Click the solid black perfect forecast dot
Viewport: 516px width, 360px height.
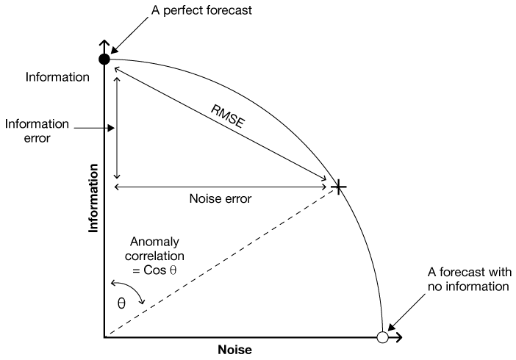[x=104, y=59]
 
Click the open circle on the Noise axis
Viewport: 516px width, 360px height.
[x=381, y=338]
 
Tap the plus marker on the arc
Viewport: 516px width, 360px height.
[x=338, y=187]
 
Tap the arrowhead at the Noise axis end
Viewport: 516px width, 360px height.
[x=398, y=338]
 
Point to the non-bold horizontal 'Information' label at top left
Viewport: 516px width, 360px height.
[x=57, y=76]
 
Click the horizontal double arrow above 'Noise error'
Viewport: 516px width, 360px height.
[x=221, y=187]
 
